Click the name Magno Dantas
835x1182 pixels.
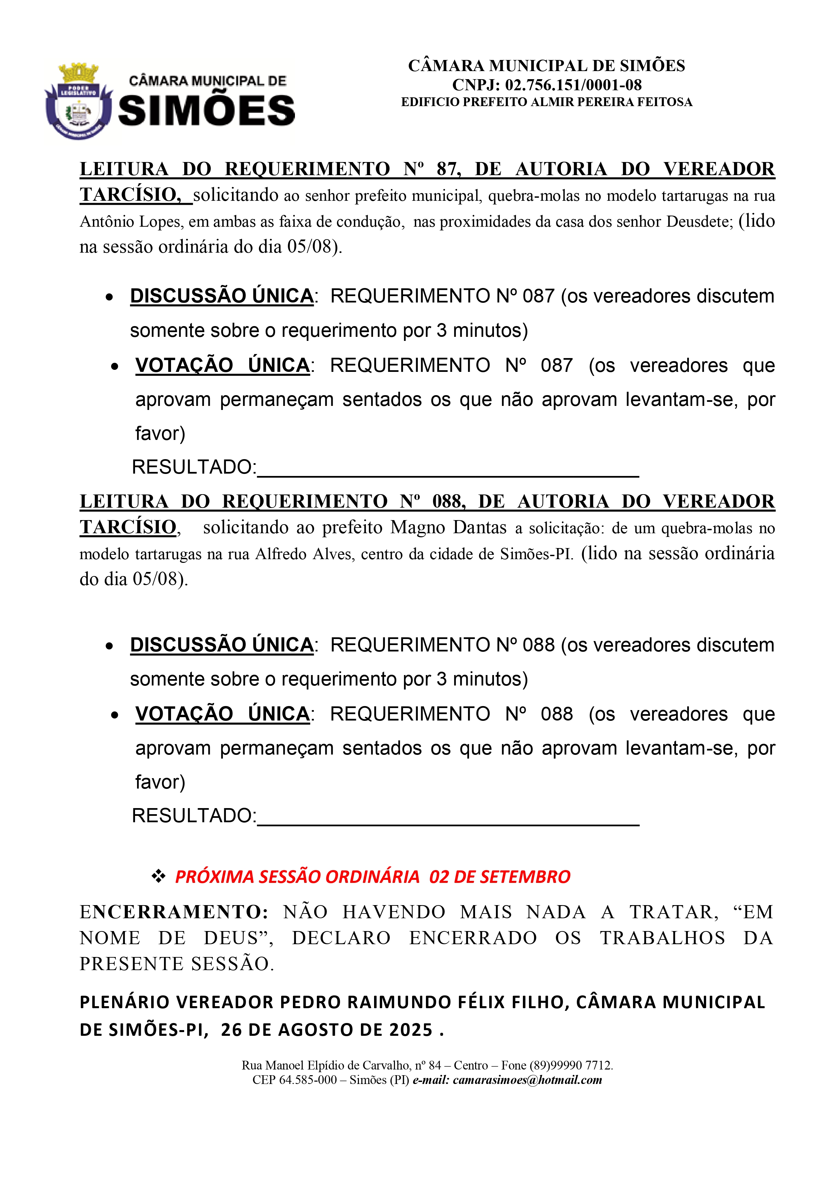click(448, 528)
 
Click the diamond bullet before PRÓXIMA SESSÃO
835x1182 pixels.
click(158, 877)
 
